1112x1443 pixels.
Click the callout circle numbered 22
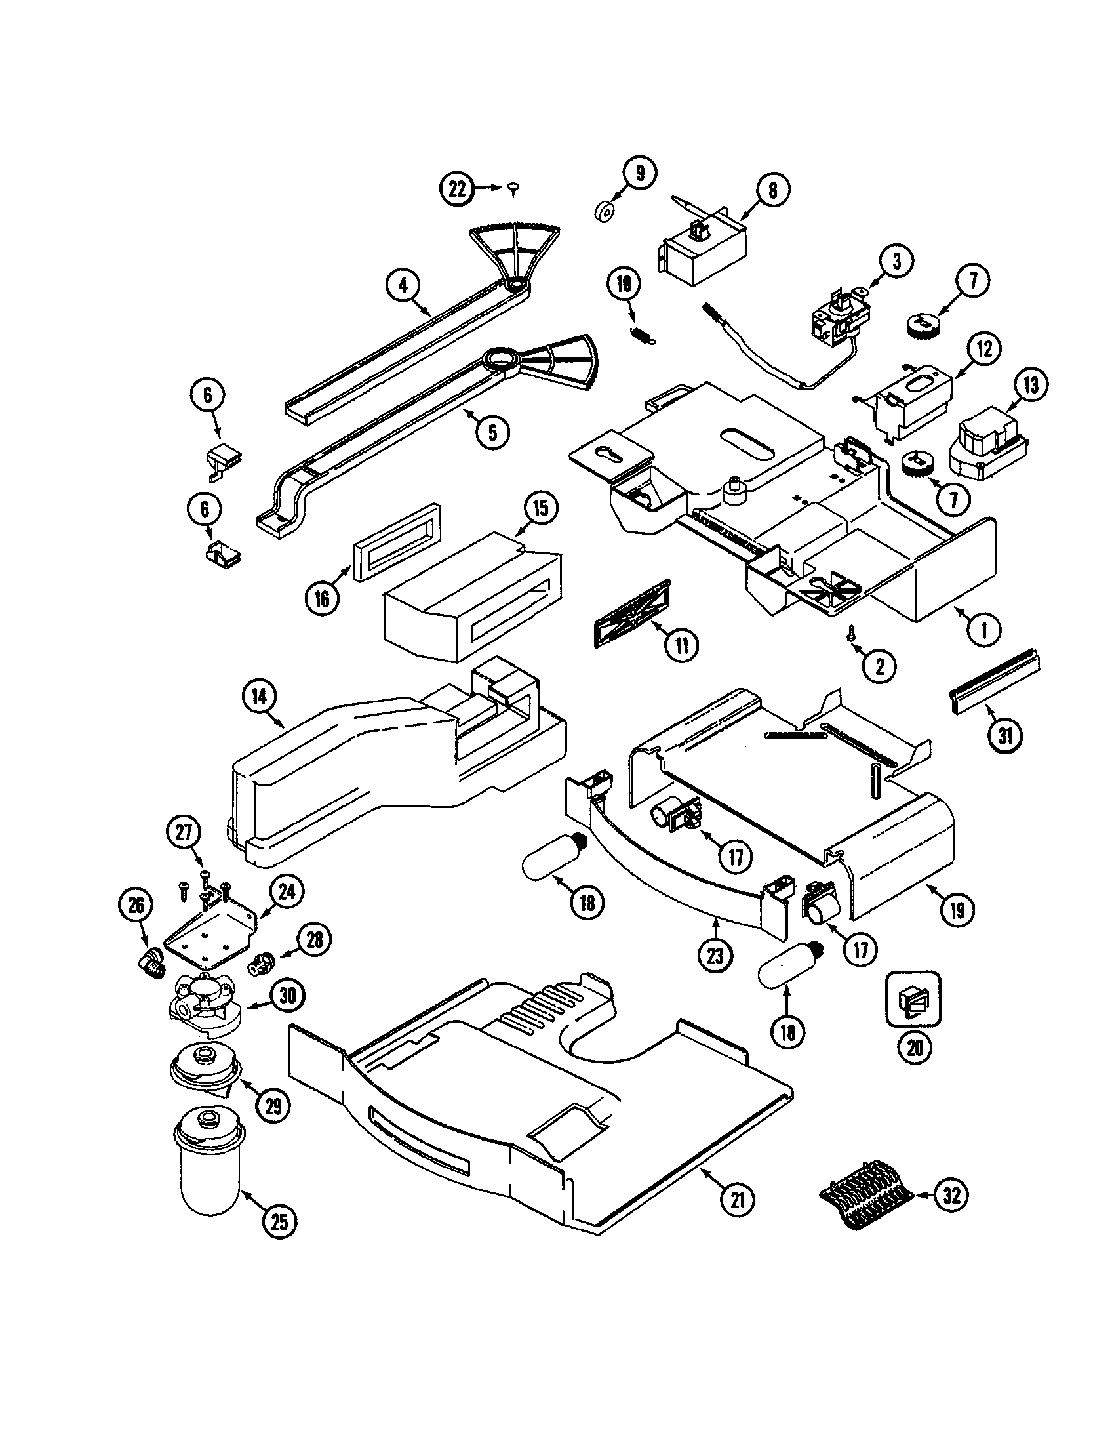(457, 190)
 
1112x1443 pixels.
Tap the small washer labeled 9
(604, 214)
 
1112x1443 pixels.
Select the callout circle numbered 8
(772, 190)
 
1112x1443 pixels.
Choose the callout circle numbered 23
(715, 956)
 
